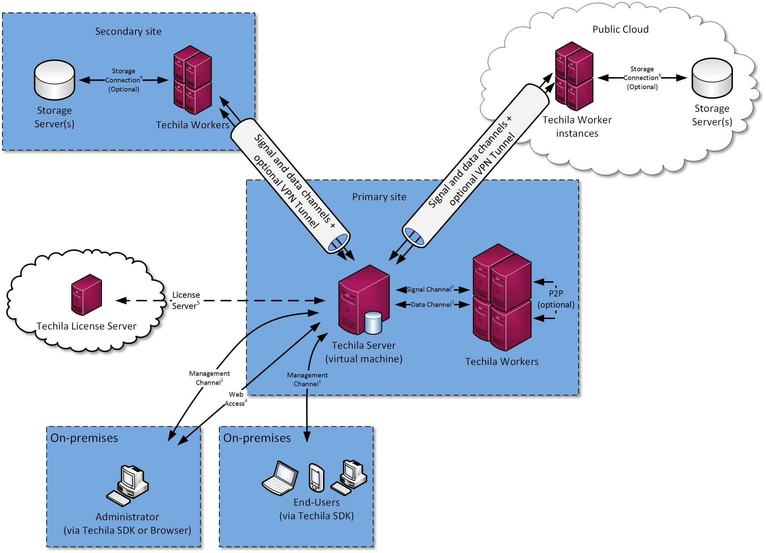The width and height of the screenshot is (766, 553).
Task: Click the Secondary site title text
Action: (128, 31)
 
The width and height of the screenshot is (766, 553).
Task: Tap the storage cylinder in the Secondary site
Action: (54, 80)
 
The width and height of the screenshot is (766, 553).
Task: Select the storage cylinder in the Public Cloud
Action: (712, 78)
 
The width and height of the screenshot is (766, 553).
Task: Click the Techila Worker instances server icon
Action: (574, 76)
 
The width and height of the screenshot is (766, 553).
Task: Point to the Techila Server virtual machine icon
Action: (364, 299)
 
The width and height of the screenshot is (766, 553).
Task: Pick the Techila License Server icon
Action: (86, 295)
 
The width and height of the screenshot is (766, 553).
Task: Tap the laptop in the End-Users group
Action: (280, 478)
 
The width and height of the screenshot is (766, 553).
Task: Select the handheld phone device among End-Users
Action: (316, 478)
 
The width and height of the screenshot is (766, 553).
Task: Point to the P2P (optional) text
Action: (556, 299)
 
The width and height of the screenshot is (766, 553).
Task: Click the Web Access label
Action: (235, 399)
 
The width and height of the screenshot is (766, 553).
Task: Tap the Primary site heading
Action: (379, 197)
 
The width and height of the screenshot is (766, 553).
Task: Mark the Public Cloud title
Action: (620, 29)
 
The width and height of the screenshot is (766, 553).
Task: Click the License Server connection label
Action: (186, 300)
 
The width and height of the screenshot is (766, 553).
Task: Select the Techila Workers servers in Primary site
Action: (502, 297)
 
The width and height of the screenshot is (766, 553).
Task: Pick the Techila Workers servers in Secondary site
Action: (192, 80)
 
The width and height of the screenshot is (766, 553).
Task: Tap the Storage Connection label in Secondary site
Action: (123, 80)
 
